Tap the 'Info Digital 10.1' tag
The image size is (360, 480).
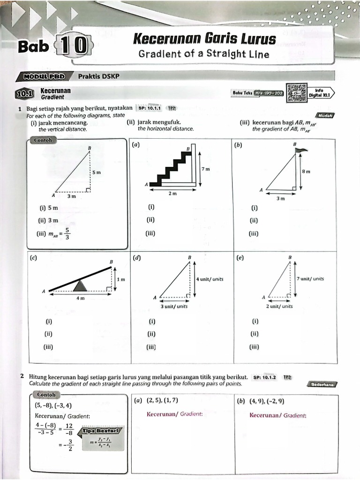321,92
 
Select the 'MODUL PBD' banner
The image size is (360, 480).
43,76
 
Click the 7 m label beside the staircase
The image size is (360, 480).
206,169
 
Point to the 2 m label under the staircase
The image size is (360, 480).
173,193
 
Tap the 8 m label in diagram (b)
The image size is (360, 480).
306,172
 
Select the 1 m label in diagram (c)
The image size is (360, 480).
121,279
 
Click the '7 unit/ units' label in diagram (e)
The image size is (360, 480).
310,278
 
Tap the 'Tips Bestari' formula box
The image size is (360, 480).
101,439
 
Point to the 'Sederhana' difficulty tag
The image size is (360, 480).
322,384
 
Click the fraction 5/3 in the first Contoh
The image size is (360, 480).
67,233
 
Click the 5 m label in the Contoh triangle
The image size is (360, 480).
96,172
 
